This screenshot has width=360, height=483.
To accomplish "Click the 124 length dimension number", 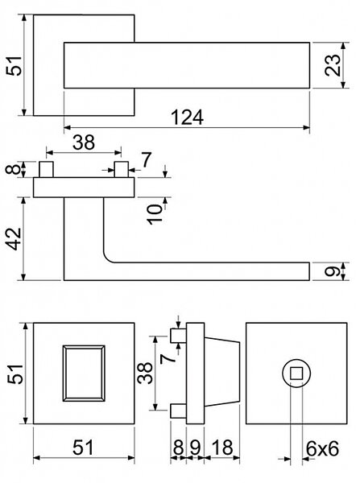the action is pyautogui.click(x=187, y=117).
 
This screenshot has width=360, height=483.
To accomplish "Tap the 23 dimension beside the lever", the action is pyautogui.click(x=333, y=65).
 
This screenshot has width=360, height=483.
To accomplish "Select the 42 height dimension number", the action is pyautogui.click(x=14, y=239).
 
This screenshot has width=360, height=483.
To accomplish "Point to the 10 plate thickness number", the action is pyautogui.click(x=155, y=214).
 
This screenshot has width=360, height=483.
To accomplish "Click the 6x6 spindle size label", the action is pyautogui.click(x=322, y=448).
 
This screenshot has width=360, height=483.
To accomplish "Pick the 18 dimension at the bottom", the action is pyautogui.click(x=222, y=448).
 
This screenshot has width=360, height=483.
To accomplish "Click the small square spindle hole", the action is pyautogui.click(x=296, y=374).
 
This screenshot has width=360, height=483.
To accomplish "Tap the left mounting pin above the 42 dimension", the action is pyautogui.click(x=46, y=169).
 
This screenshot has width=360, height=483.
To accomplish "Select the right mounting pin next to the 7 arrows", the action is pyautogui.click(x=121, y=169).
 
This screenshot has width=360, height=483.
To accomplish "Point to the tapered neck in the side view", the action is pyautogui.click(x=222, y=373).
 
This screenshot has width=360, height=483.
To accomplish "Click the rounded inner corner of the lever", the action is pyautogui.click(x=107, y=258).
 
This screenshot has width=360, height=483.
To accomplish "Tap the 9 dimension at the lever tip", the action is pyautogui.click(x=333, y=271).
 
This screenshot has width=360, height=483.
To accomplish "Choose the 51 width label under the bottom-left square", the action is pyautogui.click(x=83, y=448).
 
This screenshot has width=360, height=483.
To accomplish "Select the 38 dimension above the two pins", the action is pyautogui.click(x=84, y=142).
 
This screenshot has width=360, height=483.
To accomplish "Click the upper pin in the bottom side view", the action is pyautogui.click(x=179, y=336).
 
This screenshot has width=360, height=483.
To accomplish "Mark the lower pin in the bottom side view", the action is pyautogui.click(x=179, y=411).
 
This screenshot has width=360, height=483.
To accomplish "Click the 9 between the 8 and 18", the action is pyautogui.click(x=195, y=448).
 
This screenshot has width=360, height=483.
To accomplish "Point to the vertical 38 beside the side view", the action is pyautogui.click(x=145, y=373).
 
